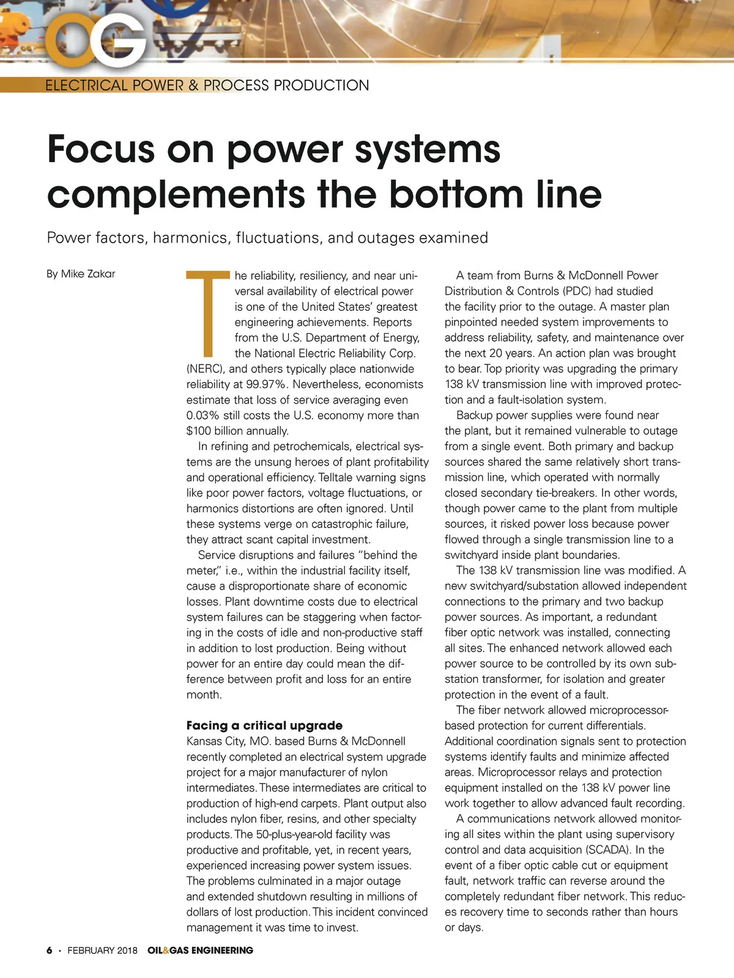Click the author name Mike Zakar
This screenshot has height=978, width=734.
88,274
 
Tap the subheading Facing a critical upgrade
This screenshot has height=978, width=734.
264,726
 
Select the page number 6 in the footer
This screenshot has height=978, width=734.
50,950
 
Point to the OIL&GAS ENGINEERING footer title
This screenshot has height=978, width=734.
200,950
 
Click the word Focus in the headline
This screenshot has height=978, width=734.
101,149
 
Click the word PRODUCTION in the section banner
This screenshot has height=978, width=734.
321,86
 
